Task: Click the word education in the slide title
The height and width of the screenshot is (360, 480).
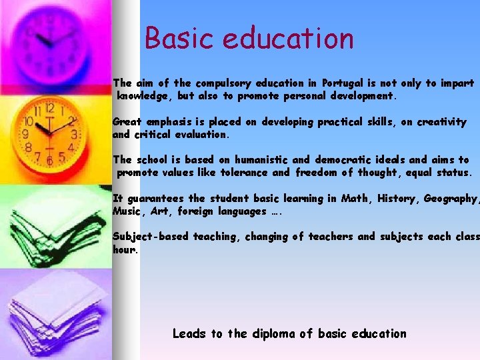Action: [x=288, y=38]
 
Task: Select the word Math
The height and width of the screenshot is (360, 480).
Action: [x=354, y=198]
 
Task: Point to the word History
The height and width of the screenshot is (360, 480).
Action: [x=399, y=198]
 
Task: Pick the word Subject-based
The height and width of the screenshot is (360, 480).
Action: [x=151, y=237]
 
